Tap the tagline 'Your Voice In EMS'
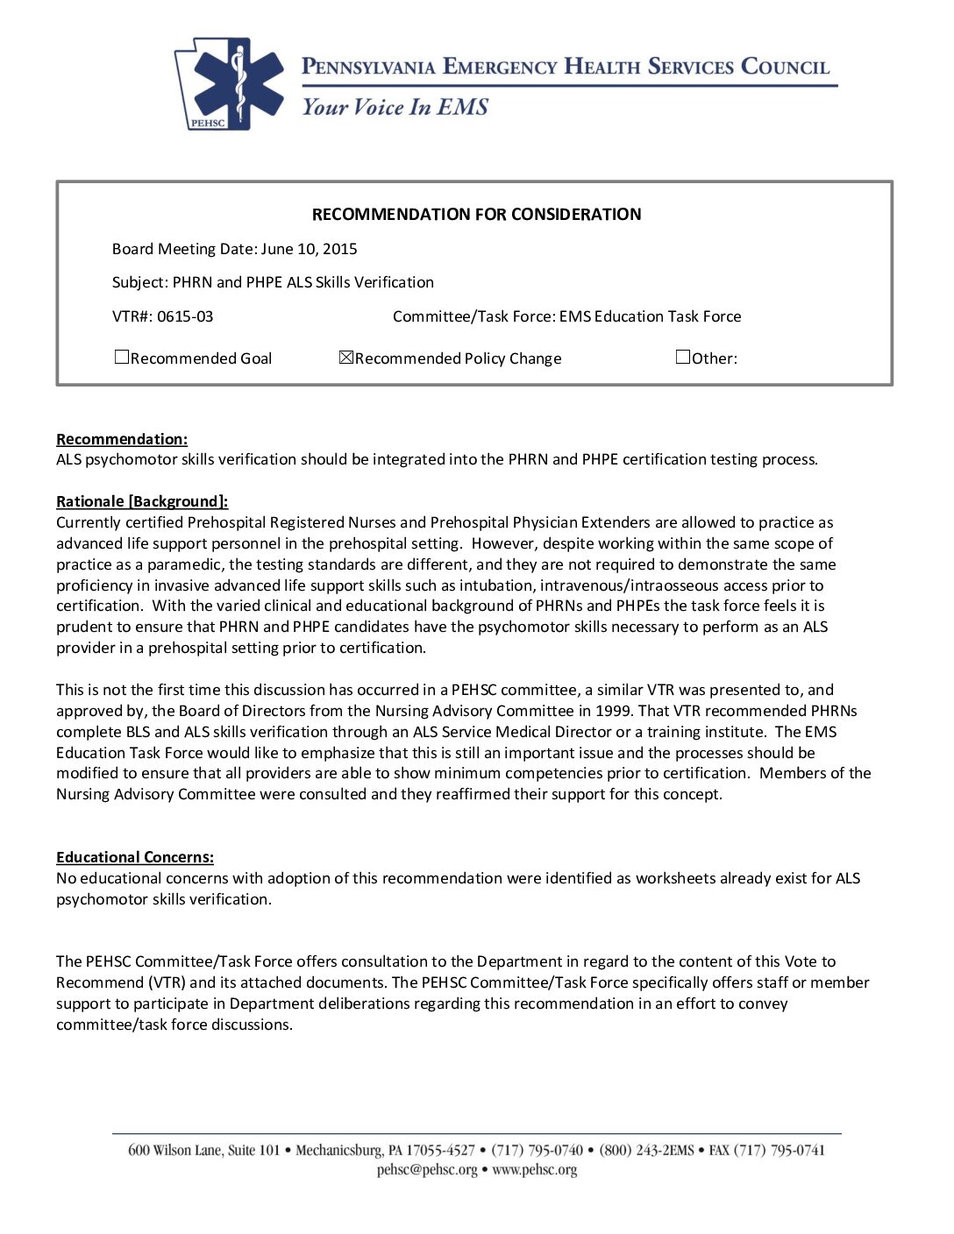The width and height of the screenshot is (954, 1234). (x=395, y=107)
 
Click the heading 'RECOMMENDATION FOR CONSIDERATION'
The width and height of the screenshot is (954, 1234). (x=476, y=215)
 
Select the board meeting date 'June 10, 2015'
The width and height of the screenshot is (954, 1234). (x=309, y=249)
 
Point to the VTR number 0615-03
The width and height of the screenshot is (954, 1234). (x=185, y=316)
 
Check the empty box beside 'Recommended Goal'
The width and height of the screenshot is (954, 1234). (x=122, y=357)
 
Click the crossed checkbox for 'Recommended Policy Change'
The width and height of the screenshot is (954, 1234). (x=345, y=357)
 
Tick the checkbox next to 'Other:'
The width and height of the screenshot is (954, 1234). (x=683, y=357)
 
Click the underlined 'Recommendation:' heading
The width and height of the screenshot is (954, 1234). (x=122, y=439)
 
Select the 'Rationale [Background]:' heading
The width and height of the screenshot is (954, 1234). (x=142, y=501)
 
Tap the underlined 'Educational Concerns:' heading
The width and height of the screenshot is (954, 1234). (x=135, y=857)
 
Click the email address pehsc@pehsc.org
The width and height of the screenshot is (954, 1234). (x=427, y=1170)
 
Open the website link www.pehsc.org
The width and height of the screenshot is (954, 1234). (x=535, y=1170)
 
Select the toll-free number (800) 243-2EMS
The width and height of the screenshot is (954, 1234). (x=646, y=1150)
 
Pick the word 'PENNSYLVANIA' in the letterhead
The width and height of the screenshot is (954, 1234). (x=368, y=67)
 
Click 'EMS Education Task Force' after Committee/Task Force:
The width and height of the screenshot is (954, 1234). (x=650, y=316)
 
